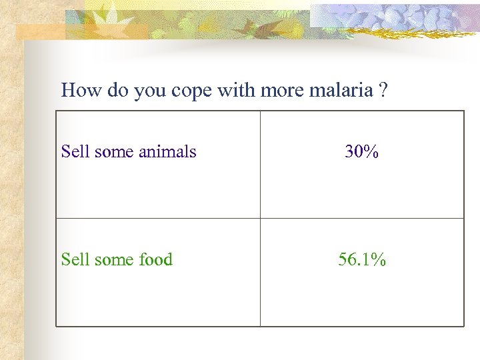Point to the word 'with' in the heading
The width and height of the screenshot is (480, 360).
(237, 90)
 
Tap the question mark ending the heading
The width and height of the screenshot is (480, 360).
(382, 90)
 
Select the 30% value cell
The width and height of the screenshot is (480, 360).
(361, 152)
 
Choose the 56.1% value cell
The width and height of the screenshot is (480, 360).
(361, 260)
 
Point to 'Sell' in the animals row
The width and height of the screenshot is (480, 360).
(75, 152)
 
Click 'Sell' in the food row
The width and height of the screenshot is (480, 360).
(75, 260)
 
